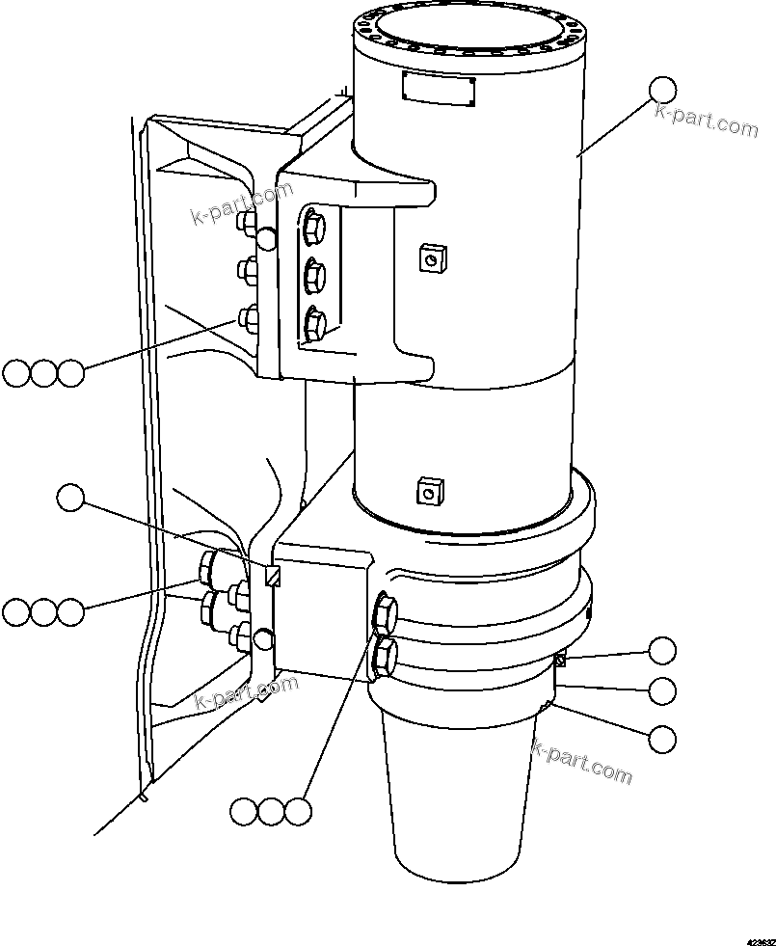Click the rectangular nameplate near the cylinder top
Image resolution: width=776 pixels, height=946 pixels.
coord(437,90)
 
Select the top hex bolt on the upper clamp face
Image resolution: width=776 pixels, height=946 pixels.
coord(314,229)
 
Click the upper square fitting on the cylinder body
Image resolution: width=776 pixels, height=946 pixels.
coord(431,258)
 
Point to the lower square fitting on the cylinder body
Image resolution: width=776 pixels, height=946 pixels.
coord(427,493)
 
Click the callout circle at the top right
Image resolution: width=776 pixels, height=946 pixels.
coord(662,91)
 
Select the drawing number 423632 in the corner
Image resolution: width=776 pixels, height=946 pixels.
coord(758,936)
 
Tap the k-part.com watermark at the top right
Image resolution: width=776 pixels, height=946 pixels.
coord(706,122)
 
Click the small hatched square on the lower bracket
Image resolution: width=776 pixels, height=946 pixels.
coord(273,577)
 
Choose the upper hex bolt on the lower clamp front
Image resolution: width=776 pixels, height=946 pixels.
coord(384,611)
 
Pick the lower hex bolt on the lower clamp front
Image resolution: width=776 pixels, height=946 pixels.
coord(384,655)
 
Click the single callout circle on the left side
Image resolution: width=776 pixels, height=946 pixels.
coord(70,498)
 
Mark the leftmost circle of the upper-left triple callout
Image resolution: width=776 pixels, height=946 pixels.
coord(16,373)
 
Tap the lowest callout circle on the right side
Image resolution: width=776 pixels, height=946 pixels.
coord(661,739)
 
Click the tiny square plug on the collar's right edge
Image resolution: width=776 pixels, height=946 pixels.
coord(559,661)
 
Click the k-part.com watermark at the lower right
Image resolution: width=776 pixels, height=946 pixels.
coord(582,762)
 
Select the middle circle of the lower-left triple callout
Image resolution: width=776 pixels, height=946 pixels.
coord(43,611)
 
